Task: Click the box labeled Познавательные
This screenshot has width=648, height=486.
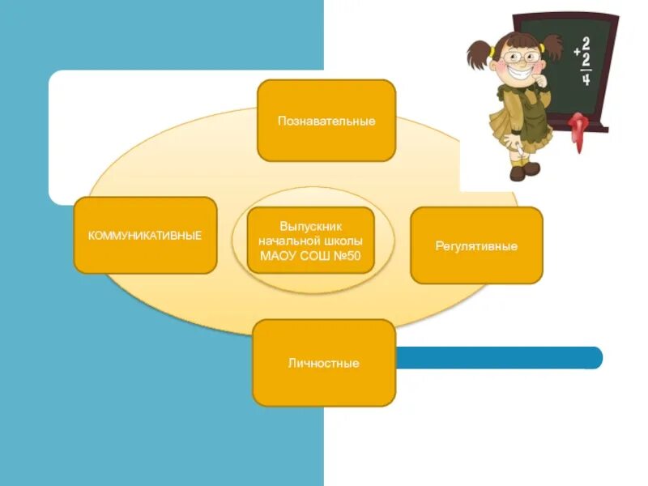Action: (x=326, y=121)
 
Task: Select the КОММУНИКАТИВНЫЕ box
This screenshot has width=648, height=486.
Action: (x=145, y=235)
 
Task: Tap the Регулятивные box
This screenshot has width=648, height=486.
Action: (x=476, y=245)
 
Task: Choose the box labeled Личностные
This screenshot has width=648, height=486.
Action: (x=323, y=363)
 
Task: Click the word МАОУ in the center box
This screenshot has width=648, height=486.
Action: (x=278, y=256)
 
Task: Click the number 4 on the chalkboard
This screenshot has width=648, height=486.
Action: (x=586, y=80)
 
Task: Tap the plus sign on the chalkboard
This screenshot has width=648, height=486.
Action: (x=576, y=51)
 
